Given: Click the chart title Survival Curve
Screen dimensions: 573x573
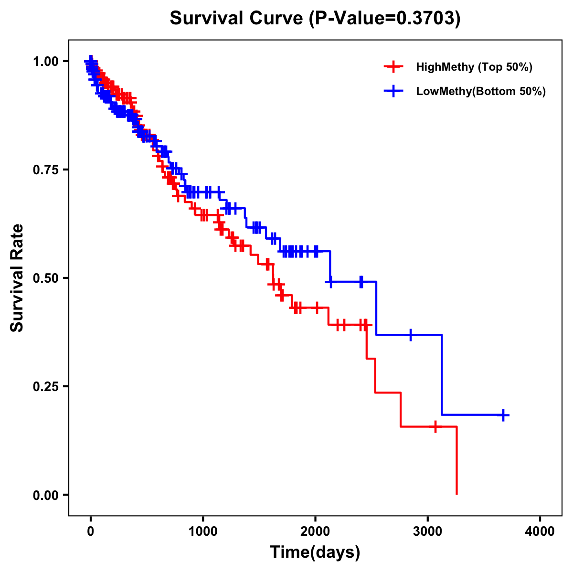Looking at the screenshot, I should coord(236,19).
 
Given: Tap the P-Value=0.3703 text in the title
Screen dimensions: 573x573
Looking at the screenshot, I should coord(385,19).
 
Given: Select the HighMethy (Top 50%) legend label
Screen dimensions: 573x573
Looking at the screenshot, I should coord(474,67).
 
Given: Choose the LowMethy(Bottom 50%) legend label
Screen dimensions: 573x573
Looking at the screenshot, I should coord(481,91).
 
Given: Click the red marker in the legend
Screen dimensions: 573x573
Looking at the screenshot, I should coord(393,67).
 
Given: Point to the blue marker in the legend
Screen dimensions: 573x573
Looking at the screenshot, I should coord(393,91).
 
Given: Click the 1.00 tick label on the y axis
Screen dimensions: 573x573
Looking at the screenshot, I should coord(46,61).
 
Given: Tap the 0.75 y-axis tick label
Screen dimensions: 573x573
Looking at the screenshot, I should coord(46,170).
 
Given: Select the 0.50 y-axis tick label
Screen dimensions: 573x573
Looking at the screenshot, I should coord(46,278).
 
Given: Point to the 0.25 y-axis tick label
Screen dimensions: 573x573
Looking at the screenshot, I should coord(46,386).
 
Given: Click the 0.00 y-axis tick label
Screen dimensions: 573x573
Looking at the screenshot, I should coord(46,495).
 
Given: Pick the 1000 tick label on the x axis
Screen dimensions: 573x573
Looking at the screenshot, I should coord(203,531).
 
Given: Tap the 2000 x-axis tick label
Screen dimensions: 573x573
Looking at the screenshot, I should coord(315,531).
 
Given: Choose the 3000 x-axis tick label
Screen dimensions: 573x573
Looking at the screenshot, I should coord(428,531).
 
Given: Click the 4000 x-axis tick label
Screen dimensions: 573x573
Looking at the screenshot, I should coord(540,531).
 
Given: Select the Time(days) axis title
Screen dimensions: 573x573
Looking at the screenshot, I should coord(315,552).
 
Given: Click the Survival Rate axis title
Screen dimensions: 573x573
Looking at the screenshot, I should coord(17,278).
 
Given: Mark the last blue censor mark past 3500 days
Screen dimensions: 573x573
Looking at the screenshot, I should coord(503,415).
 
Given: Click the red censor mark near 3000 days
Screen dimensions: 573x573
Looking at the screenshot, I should coord(435,426).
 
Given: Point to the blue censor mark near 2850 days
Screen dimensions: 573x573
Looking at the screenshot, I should coord(410,335).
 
